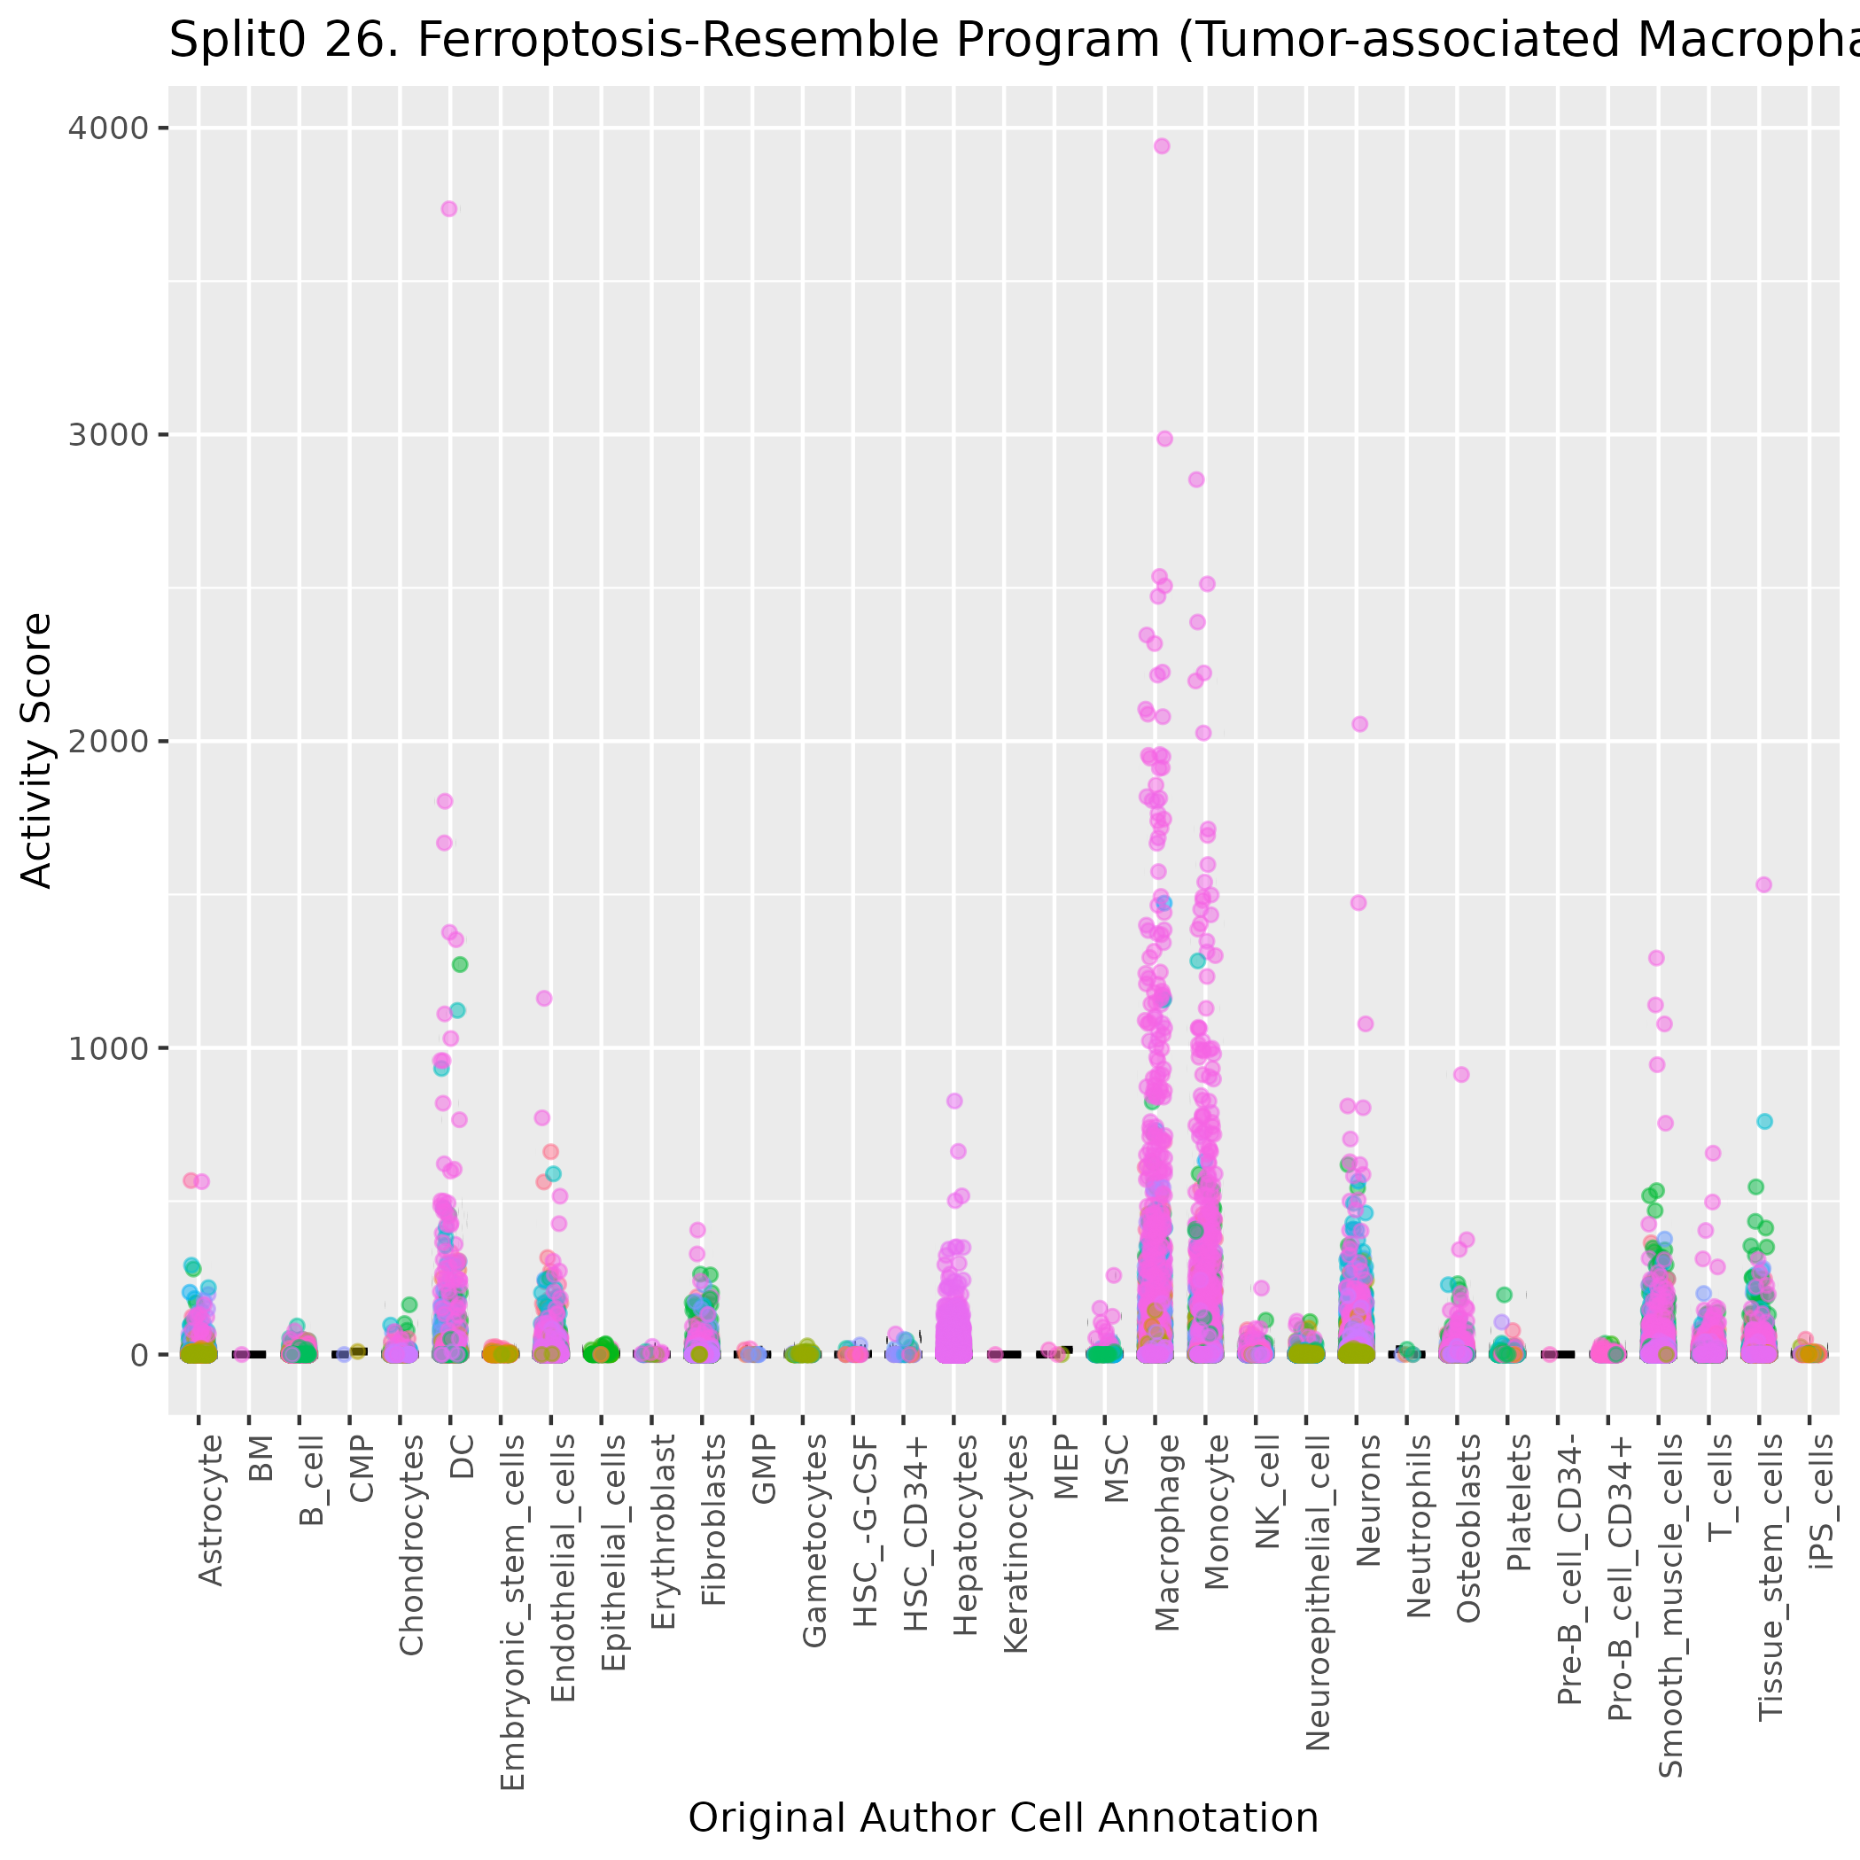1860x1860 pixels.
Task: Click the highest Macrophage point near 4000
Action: click(1162, 146)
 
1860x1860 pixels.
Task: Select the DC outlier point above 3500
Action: click(448, 209)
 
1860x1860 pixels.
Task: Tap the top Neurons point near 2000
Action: click(1359, 724)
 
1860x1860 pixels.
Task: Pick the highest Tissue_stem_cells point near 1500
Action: click(1763, 884)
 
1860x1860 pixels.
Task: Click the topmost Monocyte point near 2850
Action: click(1196, 479)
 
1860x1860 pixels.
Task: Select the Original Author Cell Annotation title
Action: click(1003, 1817)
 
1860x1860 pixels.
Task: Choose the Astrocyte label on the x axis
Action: click(210, 1510)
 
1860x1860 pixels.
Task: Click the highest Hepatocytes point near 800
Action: click(954, 1101)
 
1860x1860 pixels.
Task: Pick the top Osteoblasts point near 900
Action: click(1461, 1074)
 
